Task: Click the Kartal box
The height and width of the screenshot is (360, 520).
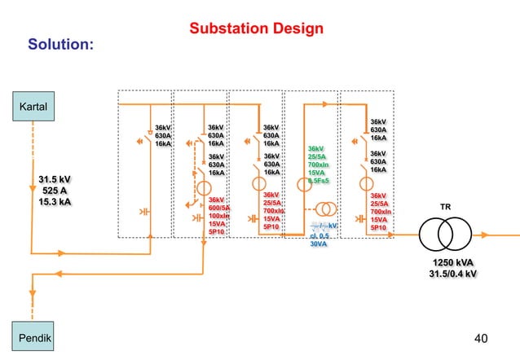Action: tap(33, 107)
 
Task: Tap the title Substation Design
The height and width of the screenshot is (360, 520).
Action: tap(256, 29)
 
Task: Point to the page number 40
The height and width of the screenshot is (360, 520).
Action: tap(485, 336)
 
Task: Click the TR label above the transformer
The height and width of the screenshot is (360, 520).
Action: tap(445, 208)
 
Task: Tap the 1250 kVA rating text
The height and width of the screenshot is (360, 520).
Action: tap(454, 261)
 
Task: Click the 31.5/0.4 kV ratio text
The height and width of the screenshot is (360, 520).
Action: tap(453, 274)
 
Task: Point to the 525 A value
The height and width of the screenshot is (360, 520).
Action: tap(55, 191)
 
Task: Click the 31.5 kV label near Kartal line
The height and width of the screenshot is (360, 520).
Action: tap(55, 179)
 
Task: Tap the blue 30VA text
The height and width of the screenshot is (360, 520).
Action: tap(319, 244)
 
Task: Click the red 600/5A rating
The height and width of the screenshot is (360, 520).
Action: tap(219, 208)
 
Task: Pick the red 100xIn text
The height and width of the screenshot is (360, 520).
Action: tap(219, 216)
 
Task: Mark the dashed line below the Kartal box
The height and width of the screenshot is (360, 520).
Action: tap(33, 163)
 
